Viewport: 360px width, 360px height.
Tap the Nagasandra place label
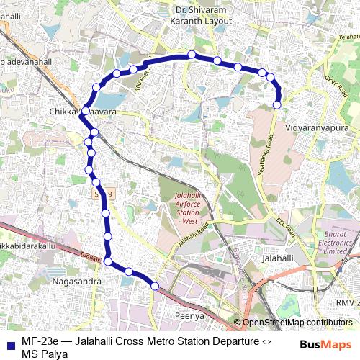(77, 282)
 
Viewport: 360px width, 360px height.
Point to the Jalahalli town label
(279, 257)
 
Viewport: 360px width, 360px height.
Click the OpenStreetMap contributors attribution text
(297, 323)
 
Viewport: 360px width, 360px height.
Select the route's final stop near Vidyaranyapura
(277, 105)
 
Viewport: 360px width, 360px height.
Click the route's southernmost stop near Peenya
(154, 287)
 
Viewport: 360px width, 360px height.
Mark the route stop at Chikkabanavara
(85, 112)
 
